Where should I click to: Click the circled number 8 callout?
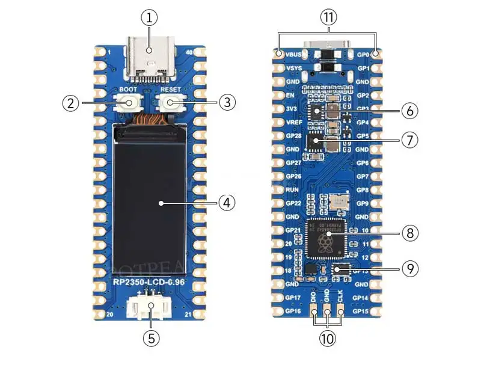409,233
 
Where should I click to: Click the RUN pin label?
293,189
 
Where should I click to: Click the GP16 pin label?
293,311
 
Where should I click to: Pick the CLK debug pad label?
340,296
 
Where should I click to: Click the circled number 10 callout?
327,339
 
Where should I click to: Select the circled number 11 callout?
327,18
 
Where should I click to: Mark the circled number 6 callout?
409,111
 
